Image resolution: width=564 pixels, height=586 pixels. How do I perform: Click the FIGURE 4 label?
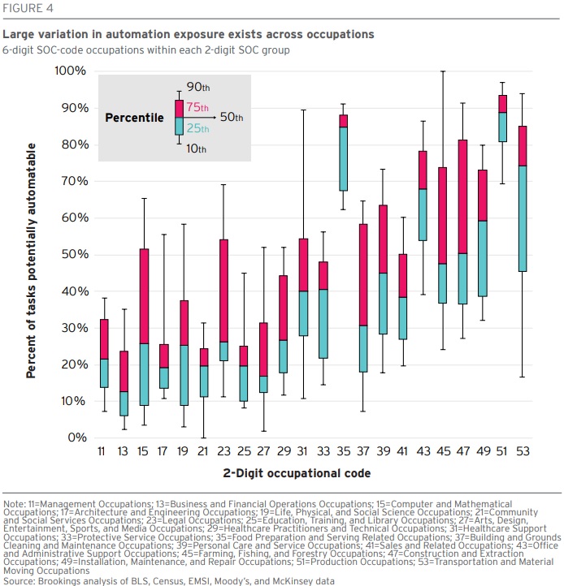click(28, 10)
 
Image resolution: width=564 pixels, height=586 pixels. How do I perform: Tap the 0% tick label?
click(76, 437)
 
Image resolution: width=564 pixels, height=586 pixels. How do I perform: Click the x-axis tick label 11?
click(100, 450)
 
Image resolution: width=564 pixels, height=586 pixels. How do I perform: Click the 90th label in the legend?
click(197, 86)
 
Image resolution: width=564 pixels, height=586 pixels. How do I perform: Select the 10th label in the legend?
click(196, 149)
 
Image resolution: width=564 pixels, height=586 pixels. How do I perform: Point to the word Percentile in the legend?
click(134, 118)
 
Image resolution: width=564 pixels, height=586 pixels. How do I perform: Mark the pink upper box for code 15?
click(121, 295)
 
